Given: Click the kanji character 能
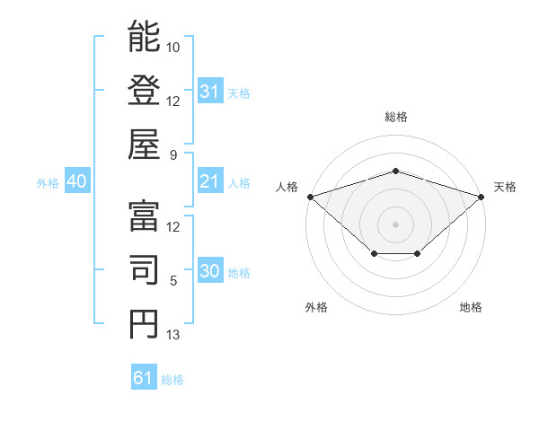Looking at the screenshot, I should pos(144,38).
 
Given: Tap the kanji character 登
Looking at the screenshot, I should pos(144,91).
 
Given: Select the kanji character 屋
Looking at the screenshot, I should pos(144,144).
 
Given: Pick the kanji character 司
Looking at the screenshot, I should pos(144,270).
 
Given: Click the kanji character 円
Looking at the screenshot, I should pos(144,323).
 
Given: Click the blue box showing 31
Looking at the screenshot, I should pos(210,92).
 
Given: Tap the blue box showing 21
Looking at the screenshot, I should pos(210,182).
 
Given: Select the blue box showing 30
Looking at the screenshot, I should pos(210,272).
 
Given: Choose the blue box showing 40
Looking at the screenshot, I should pos(76,182).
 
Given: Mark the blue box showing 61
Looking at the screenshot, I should pos(144,378).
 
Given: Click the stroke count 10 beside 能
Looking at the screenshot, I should pos(173,47).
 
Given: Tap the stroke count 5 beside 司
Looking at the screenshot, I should pos(173,281).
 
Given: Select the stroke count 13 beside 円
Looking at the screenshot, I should pos(173,335).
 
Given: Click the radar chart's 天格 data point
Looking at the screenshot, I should pos(482,196).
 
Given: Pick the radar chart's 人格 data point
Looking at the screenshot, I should pos(310,196).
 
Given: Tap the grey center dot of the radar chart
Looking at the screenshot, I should pos(395,224).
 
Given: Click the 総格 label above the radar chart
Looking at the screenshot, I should pos(396,117).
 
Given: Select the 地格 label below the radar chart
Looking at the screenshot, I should pos(471,307).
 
